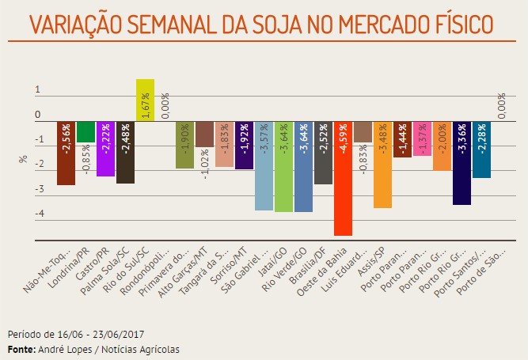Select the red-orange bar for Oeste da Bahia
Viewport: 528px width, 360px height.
[343, 179]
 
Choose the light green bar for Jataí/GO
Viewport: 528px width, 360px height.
[283, 167]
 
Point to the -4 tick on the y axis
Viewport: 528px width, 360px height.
[37, 214]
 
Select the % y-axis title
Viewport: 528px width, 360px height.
[21, 158]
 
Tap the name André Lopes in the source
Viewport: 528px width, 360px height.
[63, 349]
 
